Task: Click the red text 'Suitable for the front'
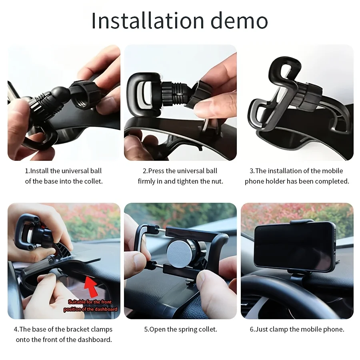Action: (90, 302)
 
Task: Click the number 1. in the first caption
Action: (27, 171)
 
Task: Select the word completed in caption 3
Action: (332, 181)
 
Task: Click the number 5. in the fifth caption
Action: (146, 329)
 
